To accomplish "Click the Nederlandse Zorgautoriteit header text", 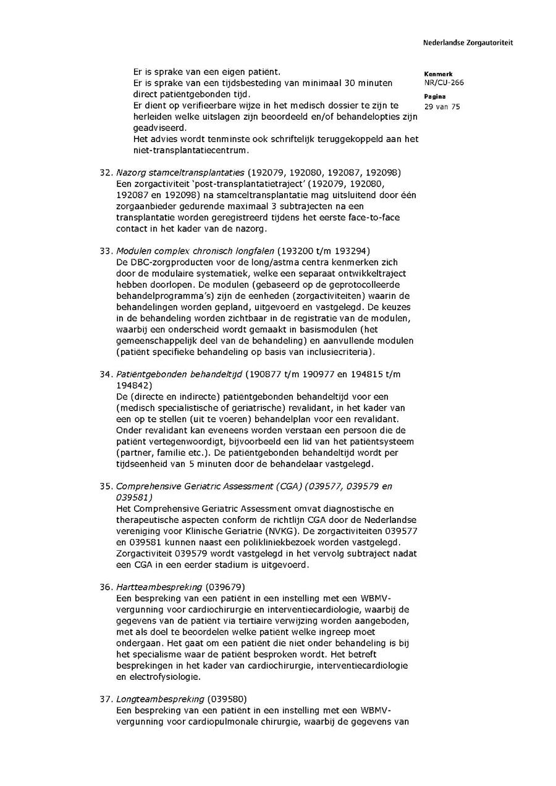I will coord(468,43).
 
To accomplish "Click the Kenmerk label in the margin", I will coord(437,74).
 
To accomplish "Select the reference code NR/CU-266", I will coord(444,83).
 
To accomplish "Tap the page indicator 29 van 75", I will coord(442,106).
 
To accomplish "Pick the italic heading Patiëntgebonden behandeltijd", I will coord(180,374).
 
